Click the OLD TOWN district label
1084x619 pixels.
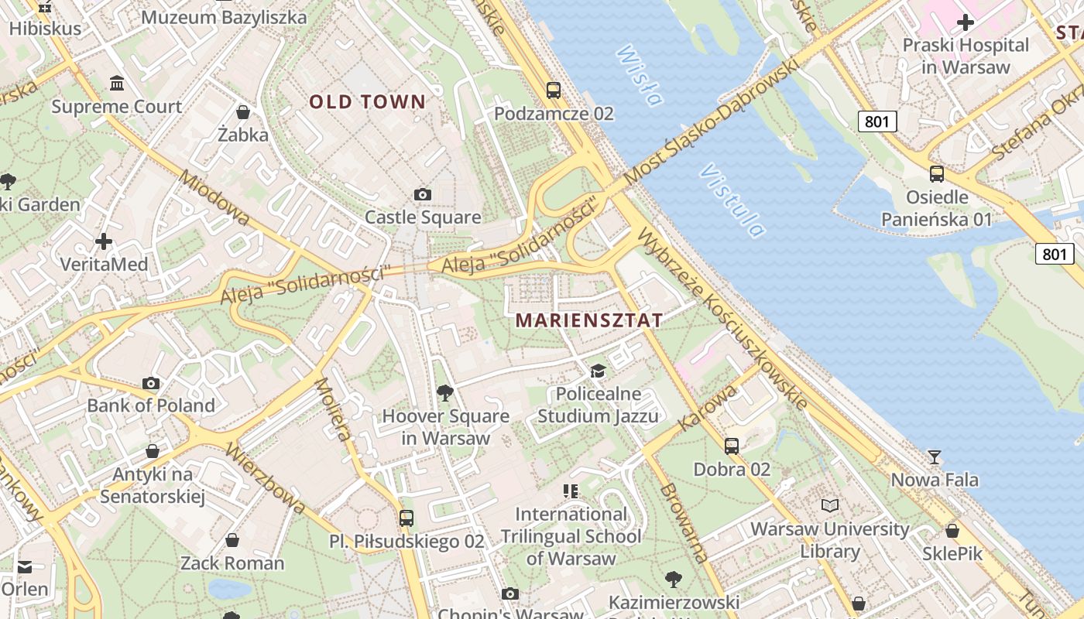(x=368, y=101)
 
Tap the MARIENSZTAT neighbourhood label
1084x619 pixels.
(x=589, y=320)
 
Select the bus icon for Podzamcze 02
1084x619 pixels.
(x=554, y=90)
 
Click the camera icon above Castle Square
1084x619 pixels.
(x=423, y=194)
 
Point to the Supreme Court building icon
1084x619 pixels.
(x=117, y=83)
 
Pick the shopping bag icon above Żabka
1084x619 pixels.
(x=243, y=112)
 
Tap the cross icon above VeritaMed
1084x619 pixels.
(x=104, y=241)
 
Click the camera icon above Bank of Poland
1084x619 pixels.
(x=152, y=383)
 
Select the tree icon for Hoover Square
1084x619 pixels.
(x=445, y=393)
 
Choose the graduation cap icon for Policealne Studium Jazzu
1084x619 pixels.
(x=598, y=371)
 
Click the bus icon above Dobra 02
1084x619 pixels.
(x=732, y=446)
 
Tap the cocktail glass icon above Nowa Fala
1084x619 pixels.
(x=935, y=457)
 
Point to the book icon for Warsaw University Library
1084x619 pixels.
(x=830, y=505)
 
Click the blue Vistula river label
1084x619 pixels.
(x=732, y=200)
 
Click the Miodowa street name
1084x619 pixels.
(x=214, y=198)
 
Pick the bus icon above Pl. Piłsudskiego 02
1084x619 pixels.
(x=406, y=518)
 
